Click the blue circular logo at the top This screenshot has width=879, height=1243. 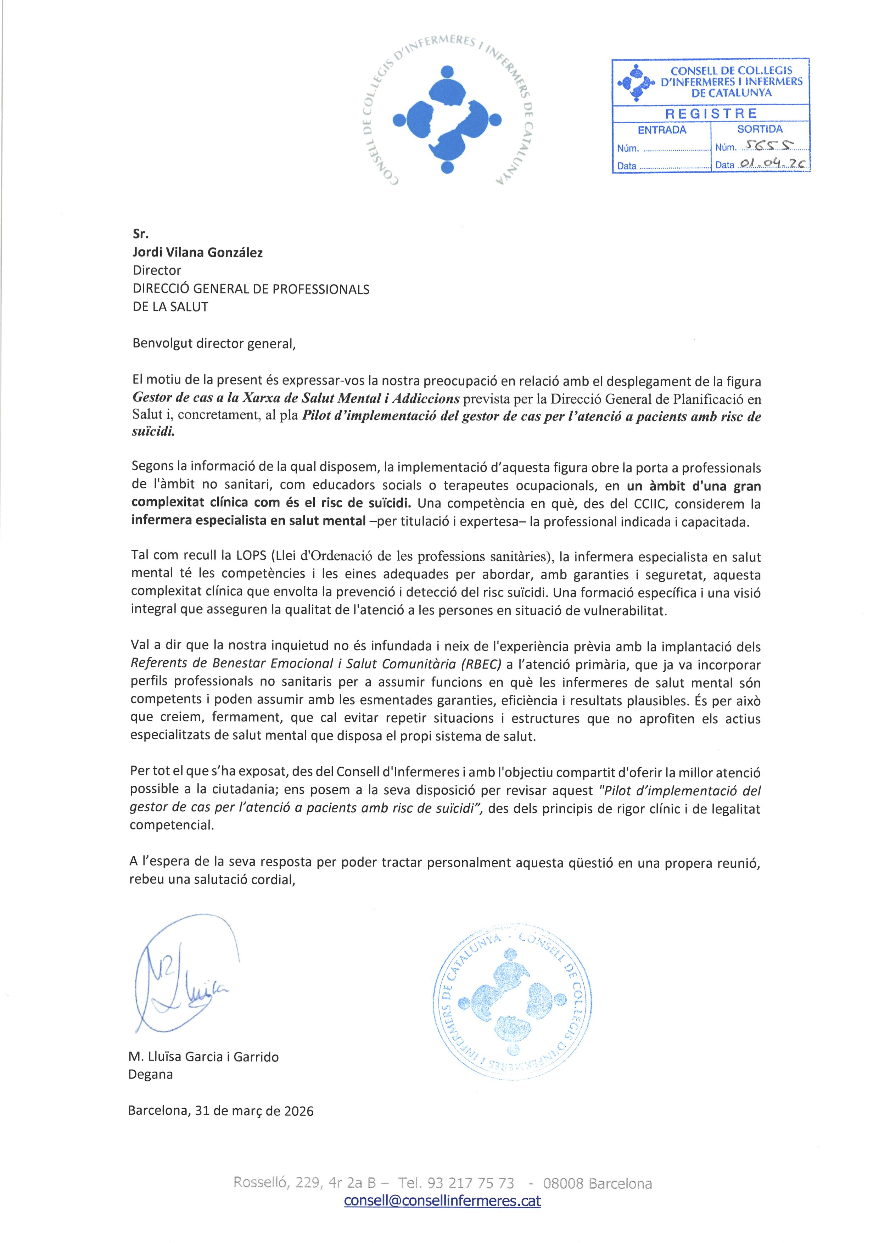pos(447,119)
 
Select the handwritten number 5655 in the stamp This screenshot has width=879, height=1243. pos(768,145)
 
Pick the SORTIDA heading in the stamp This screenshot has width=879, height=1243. pos(760,129)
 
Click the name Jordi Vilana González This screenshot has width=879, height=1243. pos(197,252)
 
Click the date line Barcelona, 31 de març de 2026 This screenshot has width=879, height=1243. pos(221,1110)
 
